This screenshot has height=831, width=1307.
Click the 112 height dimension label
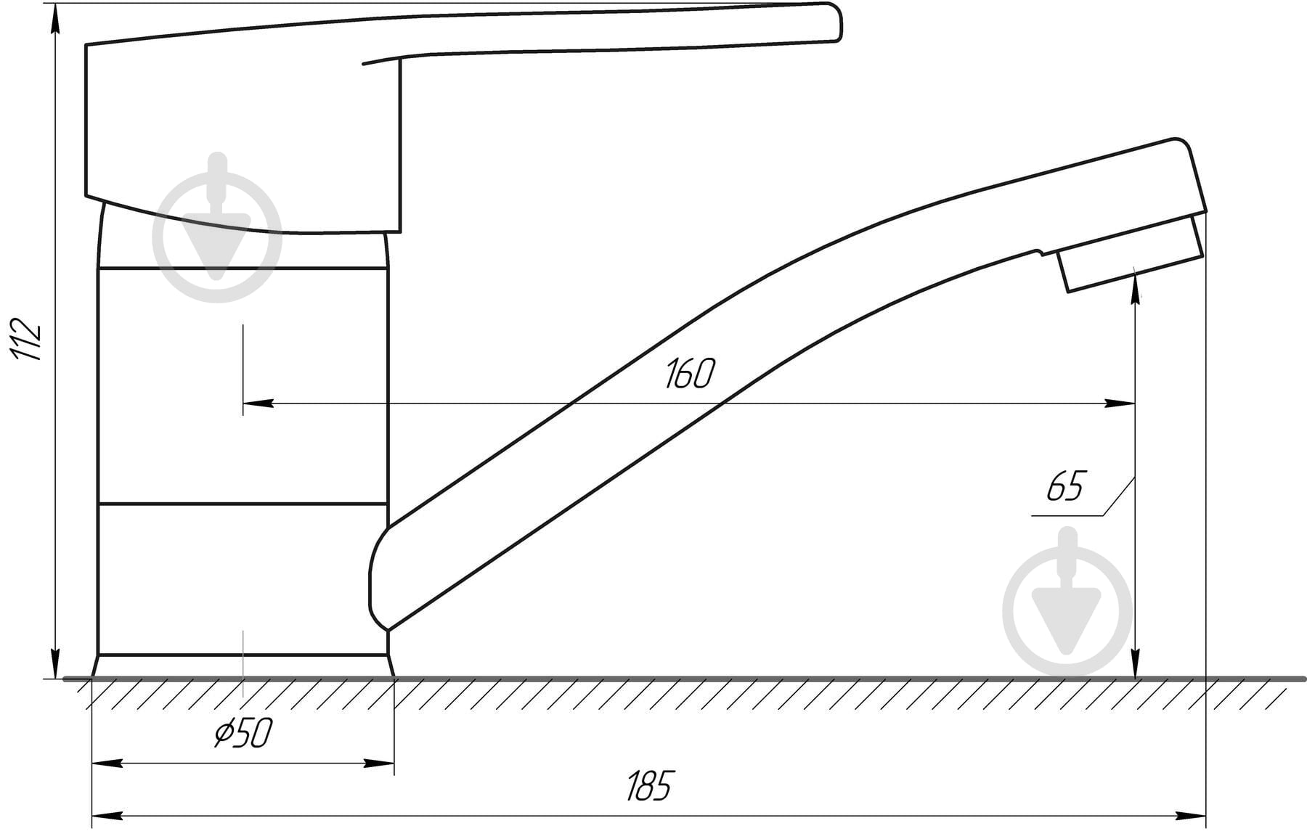point(26,339)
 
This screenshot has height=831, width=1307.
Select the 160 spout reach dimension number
point(690,374)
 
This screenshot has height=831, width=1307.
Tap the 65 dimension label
point(1065,486)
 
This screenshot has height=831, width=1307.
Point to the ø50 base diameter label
point(243,734)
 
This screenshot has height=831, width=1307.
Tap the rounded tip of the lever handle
point(835,20)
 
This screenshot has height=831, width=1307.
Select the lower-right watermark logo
point(1067,602)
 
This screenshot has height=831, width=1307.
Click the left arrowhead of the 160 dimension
point(258,403)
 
